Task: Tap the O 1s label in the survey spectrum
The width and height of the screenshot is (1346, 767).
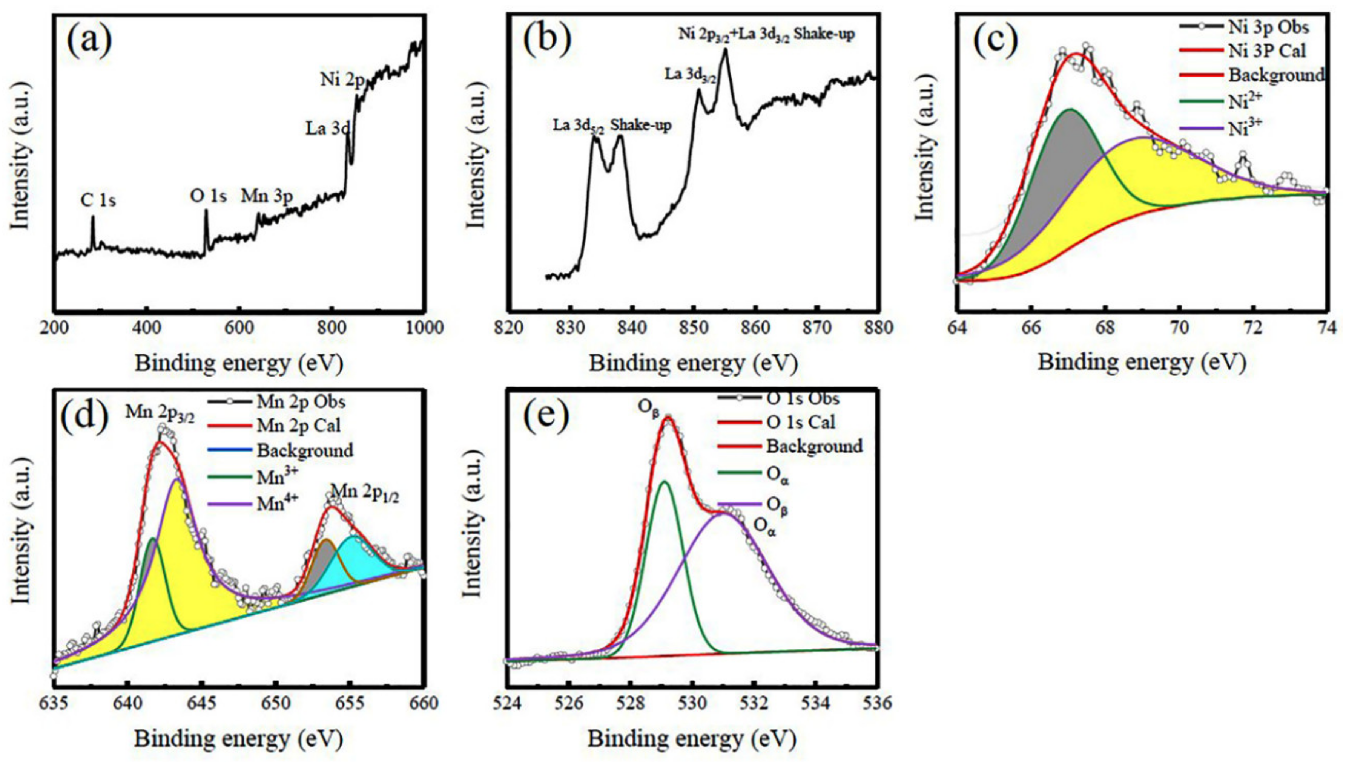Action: [208, 196]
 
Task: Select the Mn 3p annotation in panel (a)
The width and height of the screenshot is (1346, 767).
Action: [267, 196]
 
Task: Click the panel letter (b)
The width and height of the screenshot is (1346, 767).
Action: [547, 38]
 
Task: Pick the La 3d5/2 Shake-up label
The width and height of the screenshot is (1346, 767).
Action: [612, 126]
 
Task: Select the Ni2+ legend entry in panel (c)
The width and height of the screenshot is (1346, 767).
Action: [1244, 100]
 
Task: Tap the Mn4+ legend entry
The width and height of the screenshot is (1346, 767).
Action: [278, 504]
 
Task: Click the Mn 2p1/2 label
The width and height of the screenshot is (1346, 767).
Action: [364, 494]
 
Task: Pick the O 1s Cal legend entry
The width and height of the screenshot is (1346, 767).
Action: [801, 422]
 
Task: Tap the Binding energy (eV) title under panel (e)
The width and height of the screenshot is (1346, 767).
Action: [691, 739]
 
